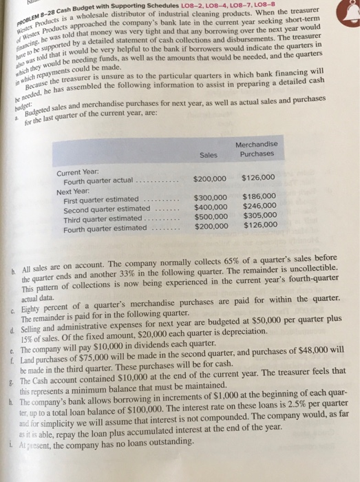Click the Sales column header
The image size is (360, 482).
(x=209, y=156)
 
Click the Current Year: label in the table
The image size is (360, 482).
(x=78, y=171)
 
